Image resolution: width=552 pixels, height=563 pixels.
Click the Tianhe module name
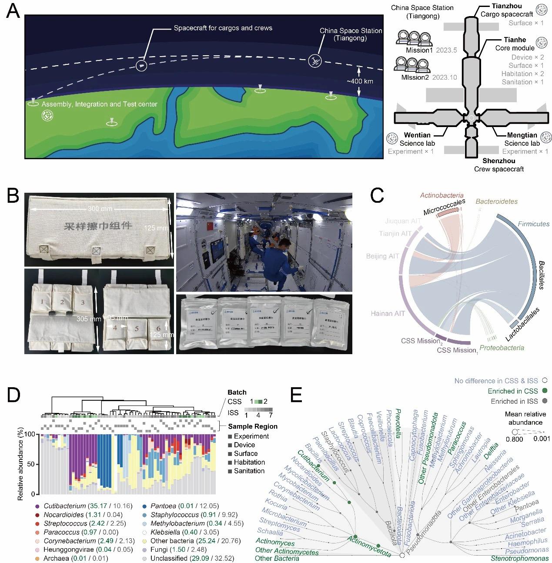515,40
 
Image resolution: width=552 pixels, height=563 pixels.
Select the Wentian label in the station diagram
417,135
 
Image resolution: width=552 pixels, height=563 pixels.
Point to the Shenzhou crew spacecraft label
498,161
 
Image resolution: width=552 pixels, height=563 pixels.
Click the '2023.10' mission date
445,77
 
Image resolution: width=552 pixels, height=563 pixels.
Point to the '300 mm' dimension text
100,208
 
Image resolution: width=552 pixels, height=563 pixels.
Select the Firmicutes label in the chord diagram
534,224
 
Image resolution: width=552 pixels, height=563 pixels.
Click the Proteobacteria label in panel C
502,348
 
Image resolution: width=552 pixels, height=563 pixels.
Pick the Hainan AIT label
388,313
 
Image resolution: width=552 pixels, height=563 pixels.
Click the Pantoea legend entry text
163,506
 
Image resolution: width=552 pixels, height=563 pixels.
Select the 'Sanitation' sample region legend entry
249,471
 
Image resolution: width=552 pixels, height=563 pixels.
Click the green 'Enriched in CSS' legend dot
544,391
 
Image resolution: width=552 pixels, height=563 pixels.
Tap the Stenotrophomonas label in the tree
519,558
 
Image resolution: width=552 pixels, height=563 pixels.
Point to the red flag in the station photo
207,227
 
